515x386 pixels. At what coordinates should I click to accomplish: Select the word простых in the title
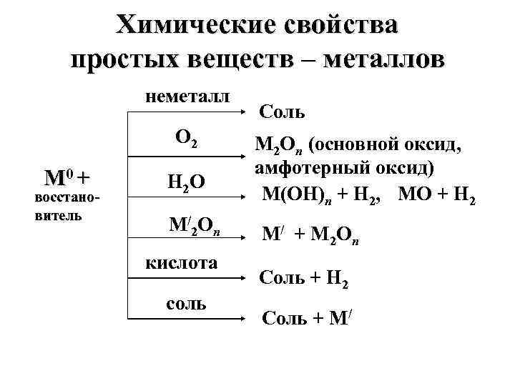[x=125, y=59]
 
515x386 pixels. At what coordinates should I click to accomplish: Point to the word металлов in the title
[x=382, y=59]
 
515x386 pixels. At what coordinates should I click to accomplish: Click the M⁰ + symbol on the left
[x=68, y=177]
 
